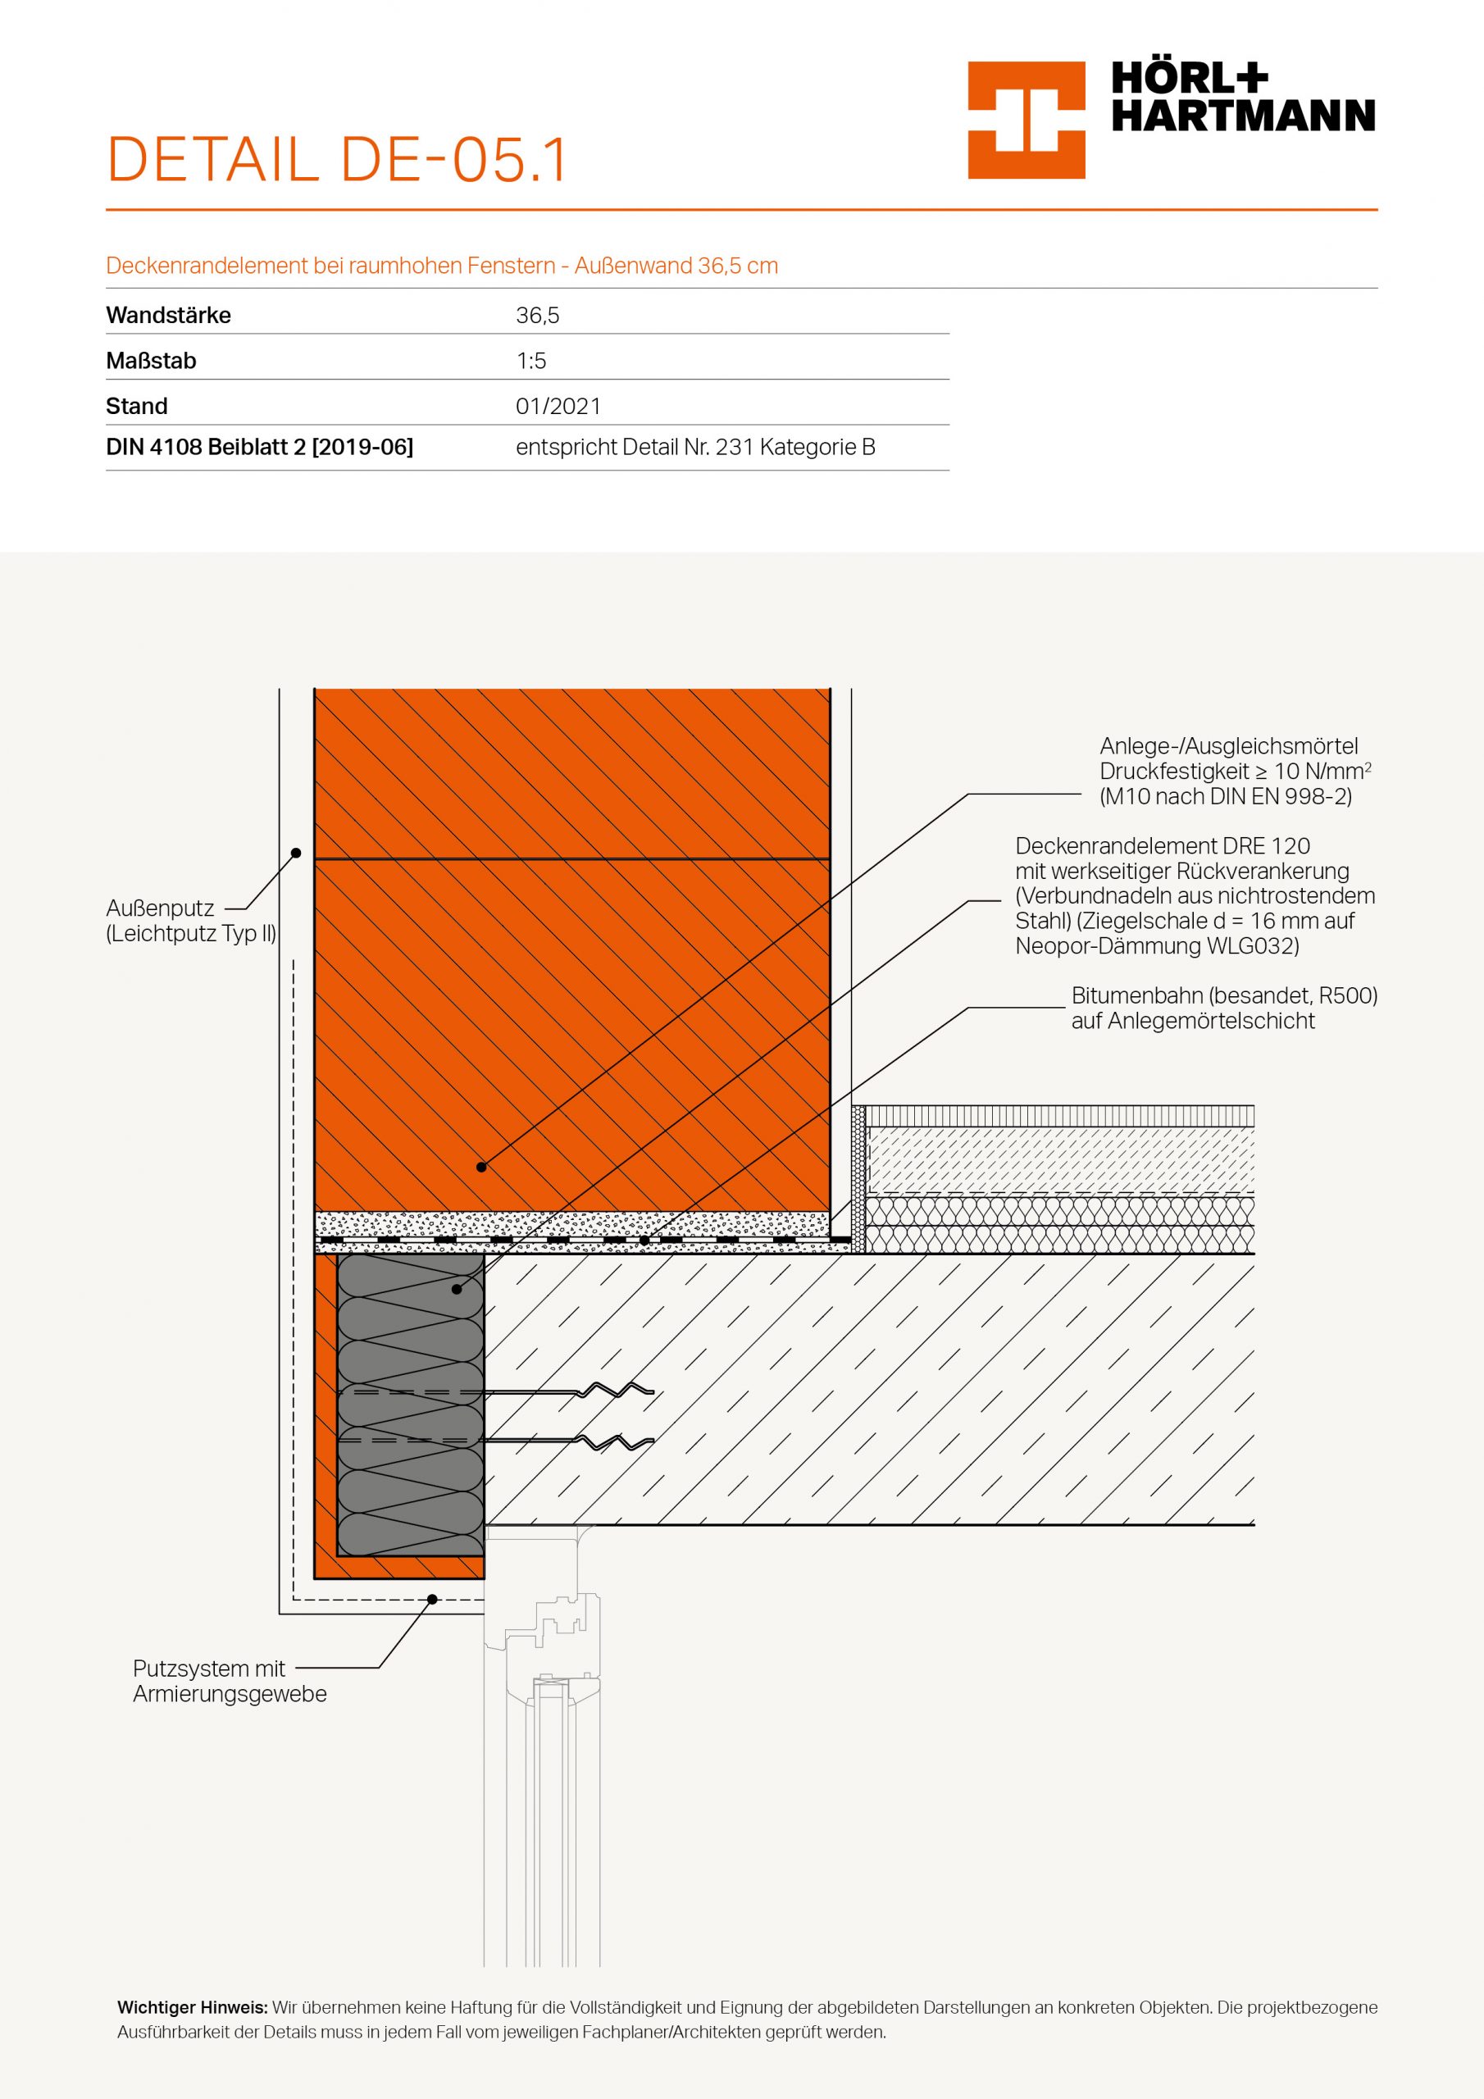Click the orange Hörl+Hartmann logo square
[1026, 120]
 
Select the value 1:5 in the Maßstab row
[531, 361]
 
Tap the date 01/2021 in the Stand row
[558, 406]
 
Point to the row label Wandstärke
[168, 316]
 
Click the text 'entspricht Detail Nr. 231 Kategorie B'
[695, 447]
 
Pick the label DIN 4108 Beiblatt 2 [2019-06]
[260, 447]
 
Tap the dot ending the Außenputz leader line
[296, 853]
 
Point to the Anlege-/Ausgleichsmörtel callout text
[1235, 771]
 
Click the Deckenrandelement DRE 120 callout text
[1194, 895]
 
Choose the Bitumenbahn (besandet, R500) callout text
[1223, 1008]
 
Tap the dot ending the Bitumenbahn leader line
[644, 1241]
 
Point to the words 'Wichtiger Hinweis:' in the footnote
[192, 2009]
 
